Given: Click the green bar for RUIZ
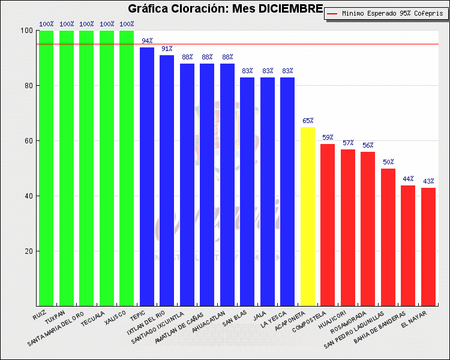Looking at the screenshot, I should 46,168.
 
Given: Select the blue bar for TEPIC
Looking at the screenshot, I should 147,176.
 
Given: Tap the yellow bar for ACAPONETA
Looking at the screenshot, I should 308,216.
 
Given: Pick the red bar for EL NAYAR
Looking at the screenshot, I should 428,247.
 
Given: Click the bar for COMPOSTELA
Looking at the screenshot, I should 328,225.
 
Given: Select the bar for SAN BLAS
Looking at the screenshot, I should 247,191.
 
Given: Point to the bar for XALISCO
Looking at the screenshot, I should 127,168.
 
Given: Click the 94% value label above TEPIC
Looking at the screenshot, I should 147,41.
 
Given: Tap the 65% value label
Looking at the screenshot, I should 308,121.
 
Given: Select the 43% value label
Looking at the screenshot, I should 428,181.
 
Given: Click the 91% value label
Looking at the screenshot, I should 167,49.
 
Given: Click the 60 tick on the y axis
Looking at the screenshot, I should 28,141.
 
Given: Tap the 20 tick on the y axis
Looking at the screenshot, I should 28,251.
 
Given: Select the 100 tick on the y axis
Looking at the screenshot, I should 26,31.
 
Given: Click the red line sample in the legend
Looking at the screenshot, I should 333,13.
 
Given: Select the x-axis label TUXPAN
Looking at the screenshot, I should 56,316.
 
